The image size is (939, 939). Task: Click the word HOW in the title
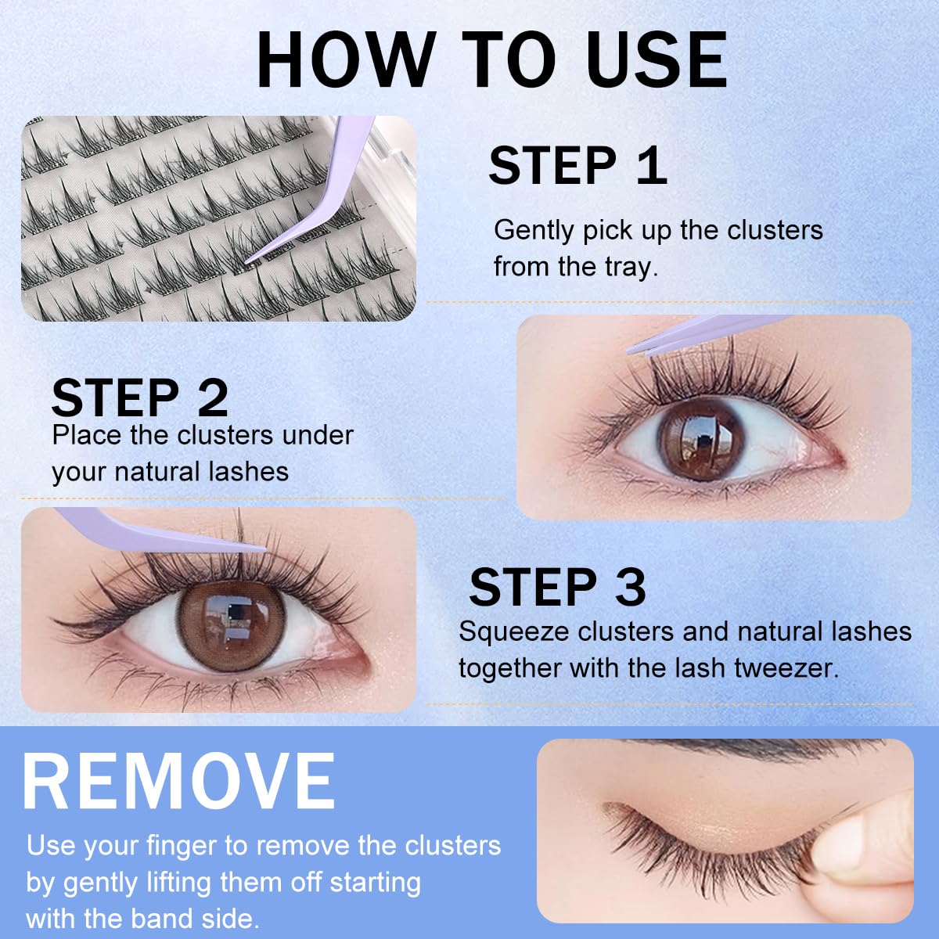pos(345,60)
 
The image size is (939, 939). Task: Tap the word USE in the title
pos(657,60)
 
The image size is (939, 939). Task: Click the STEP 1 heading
pos(577,165)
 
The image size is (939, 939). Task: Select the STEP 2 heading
pos(139,398)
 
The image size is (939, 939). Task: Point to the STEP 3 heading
pos(557,587)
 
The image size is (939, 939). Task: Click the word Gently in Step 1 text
pos(535,231)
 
